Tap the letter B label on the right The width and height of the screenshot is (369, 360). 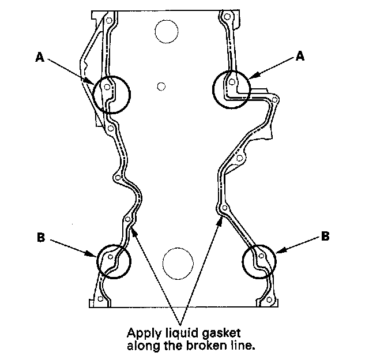click(325, 236)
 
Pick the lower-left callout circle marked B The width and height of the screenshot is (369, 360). click(114, 261)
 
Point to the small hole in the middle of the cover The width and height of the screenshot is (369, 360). click(161, 87)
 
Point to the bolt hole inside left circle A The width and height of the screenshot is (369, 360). click(107, 88)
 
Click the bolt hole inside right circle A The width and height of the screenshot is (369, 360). click(232, 82)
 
